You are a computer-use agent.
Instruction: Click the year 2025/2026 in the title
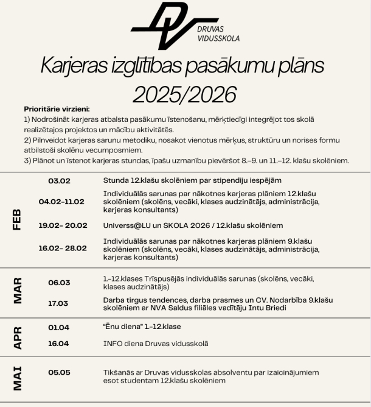tap(185, 94)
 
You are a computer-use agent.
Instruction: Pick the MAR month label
tap(18, 291)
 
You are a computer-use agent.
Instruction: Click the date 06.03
tap(59, 282)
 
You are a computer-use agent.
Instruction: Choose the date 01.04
tap(59, 327)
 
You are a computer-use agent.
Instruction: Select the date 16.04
tap(59, 343)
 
